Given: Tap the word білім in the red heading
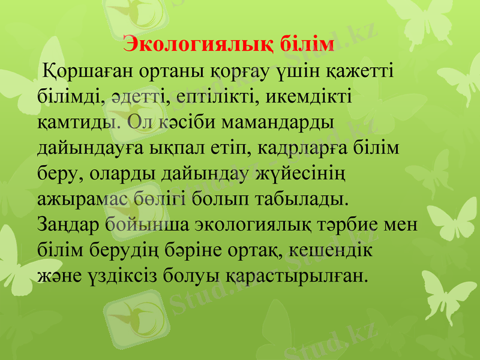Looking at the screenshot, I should coord(308,44).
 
